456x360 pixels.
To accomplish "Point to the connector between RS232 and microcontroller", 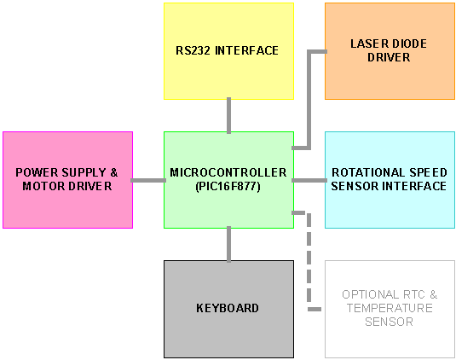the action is [x=229, y=115].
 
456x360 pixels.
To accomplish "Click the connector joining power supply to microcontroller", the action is [x=148, y=181].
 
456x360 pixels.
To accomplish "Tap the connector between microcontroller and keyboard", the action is [x=229, y=245].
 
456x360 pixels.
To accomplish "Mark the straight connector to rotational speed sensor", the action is [x=309, y=181].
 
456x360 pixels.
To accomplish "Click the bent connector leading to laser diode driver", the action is [x=309, y=99].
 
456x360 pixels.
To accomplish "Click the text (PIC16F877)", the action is [x=228, y=186].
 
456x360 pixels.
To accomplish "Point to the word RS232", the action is [x=193, y=50].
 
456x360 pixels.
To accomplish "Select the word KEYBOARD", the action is [x=228, y=308].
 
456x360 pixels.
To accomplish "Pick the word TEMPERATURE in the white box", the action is [x=390, y=308].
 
